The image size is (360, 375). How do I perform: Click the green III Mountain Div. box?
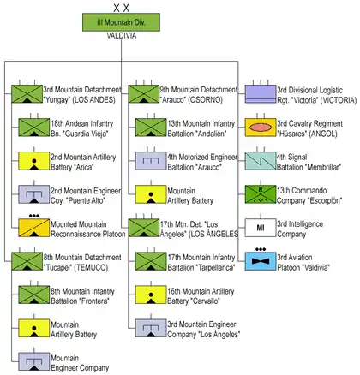(121, 22)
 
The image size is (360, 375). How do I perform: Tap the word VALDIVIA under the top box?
(122, 36)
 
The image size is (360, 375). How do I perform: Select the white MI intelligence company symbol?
(261, 228)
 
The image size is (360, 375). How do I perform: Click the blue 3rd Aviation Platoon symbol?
(261, 261)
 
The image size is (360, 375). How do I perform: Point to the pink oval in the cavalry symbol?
(261, 128)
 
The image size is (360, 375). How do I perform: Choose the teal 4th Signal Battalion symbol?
(261, 161)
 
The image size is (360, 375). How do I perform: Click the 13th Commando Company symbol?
(261, 194)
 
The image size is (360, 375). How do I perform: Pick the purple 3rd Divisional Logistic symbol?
(261, 94)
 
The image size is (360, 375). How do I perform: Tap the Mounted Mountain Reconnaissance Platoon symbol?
(34, 228)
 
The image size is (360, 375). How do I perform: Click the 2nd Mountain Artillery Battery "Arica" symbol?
(34, 161)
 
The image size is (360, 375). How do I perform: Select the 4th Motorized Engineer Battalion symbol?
(151, 161)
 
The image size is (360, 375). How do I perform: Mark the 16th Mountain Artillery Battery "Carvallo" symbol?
(151, 295)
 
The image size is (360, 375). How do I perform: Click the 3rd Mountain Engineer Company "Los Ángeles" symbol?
(151, 328)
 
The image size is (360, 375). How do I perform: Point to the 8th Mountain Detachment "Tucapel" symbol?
(27, 261)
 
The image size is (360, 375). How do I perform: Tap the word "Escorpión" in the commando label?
(325, 200)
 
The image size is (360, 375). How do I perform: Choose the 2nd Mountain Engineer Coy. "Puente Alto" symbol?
(34, 194)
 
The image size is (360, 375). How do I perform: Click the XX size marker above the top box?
(121, 8)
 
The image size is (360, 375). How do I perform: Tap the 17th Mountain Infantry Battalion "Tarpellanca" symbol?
(151, 261)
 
